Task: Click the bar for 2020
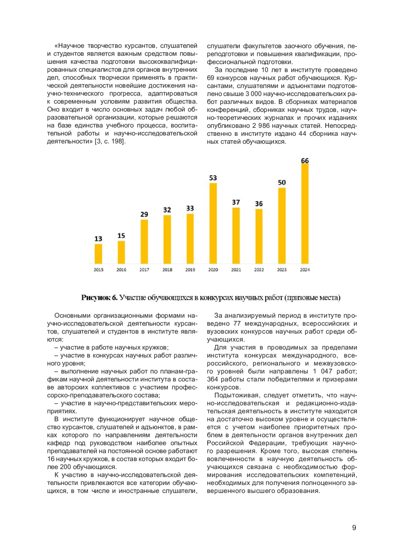click(213, 223)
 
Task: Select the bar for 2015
click(98, 254)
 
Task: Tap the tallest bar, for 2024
click(305, 213)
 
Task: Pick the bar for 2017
click(144, 241)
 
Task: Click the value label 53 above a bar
click(213, 178)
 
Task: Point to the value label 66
click(305, 161)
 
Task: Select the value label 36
click(259, 204)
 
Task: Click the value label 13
click(98, 239)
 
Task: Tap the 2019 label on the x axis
click(190, 270)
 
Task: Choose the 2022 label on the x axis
click(259, 270)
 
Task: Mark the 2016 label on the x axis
click(121, 270)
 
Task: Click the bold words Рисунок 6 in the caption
click(99, 298)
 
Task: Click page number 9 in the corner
click(354, 528)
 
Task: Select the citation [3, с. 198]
click(110, 141)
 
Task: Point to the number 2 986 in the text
click(262, 126)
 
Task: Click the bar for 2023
click(282, 226)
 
